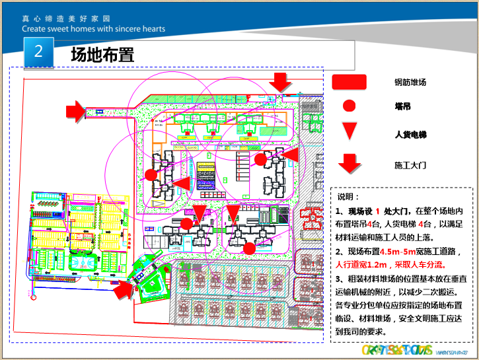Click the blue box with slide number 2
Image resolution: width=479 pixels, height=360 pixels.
pyautogui.click(x=39, y=52)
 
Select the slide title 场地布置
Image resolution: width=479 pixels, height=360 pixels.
pyautogui.click(x=102, y=55)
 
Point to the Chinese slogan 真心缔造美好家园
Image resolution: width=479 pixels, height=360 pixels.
pyautogui.click(x=65, y=18)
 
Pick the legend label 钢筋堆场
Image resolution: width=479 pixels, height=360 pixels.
pyautogui.click(x=410, y=83)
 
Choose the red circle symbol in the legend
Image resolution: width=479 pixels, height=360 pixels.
pyautogui.click(x=350, y=105)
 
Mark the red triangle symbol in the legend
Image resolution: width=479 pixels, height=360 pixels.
pyautogui.click(x=350, y=131)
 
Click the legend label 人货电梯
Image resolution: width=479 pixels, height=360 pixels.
pyautogui.click(x=410, y=135)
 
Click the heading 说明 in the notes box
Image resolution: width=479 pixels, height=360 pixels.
pyautogui.click(x=348, y=197)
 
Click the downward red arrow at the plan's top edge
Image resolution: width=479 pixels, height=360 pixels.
pyautogui.click(x=281, y=82)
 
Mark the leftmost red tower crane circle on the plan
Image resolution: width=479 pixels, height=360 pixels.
pyautogui.click(x=151, y=175)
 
